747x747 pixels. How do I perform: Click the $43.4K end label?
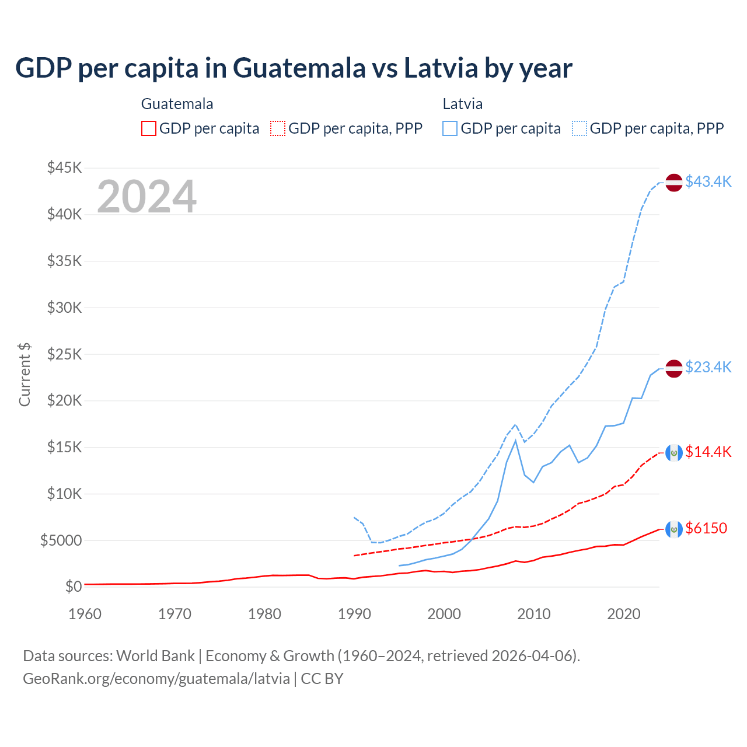[708, 181]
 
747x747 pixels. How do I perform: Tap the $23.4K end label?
[708, 367]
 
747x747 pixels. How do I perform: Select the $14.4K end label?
[708, 452]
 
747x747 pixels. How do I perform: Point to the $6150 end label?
[706, 528]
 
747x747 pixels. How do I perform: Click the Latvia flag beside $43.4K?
[674, 182]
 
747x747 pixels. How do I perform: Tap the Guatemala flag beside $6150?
[674, 529]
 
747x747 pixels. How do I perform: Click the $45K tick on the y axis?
[65, 168]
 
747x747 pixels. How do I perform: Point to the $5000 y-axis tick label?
[61, 540]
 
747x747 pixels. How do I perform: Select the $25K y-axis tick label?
[65, 354]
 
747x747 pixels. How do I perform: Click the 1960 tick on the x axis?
[85, 614]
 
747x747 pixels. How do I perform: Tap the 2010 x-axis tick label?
[534, 614]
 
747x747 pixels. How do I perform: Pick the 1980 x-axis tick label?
[264, 614]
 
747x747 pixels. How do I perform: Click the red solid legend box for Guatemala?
[149, 128]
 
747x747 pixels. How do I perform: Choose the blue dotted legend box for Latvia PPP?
[580, 128]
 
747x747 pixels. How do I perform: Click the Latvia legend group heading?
[463, 104]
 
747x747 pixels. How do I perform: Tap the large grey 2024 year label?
[146, 197]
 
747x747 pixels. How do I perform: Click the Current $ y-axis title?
[25, 375]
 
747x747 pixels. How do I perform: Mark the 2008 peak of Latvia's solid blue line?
[515, 441]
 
